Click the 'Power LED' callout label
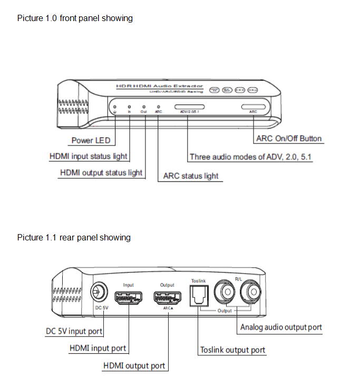[91, 140]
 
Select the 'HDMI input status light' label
[88, 157]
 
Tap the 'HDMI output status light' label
[101, 172]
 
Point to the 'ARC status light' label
[191, 176]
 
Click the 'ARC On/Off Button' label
[288, 139]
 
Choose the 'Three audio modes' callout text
[250, 157]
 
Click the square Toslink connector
[198, 295]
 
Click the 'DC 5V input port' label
[74, 332]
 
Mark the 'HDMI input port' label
[98, 348]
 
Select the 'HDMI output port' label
[134, 365]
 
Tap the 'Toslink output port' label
[232, 350]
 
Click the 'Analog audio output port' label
[281, 327]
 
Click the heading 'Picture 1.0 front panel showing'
[75, 18]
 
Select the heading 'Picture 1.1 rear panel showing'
[74, 237]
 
